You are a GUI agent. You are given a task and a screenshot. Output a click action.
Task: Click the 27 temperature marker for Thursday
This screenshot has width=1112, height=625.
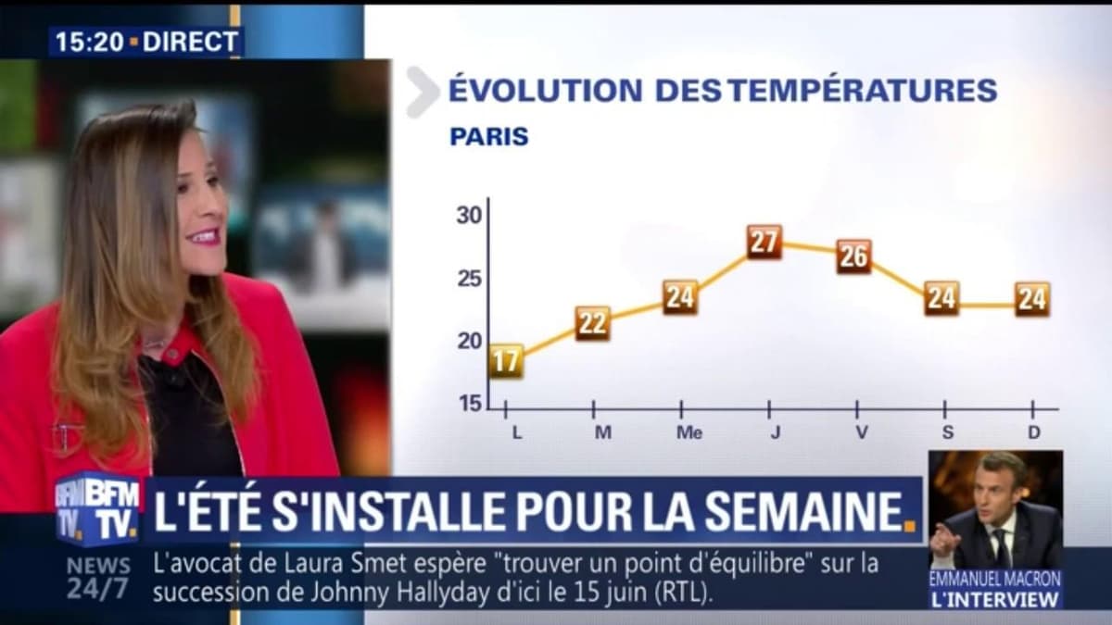click(764, 243)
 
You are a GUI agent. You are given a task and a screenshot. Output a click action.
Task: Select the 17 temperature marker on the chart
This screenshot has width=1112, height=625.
click(506, 361)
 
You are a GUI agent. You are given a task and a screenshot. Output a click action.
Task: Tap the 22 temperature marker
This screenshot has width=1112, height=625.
click(593, 323)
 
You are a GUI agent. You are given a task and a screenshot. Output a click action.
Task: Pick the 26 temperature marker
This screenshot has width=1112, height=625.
click(853, 256)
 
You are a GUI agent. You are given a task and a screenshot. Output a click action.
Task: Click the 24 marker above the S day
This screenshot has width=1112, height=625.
click(941, 298)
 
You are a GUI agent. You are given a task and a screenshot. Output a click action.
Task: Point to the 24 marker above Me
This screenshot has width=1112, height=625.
click(680, 297)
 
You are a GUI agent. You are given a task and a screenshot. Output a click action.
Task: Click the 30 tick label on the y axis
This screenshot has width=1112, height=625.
click(470, 216)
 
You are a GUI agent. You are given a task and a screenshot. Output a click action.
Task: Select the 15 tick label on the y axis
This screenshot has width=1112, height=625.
click(470, 404)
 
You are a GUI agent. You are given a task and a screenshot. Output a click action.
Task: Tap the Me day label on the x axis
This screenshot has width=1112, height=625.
click(689, 432)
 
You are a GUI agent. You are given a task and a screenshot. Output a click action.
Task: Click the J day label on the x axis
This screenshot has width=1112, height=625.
click(775, 432)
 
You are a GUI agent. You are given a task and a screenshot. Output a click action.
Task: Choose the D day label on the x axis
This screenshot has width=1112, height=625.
click(1033, 432)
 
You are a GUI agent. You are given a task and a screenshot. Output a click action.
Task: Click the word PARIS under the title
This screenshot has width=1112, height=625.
click(489, 137)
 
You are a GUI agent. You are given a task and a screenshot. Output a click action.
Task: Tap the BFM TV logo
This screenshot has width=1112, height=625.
click(96, 508)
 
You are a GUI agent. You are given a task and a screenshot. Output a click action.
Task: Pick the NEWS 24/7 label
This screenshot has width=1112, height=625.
click(97, 577)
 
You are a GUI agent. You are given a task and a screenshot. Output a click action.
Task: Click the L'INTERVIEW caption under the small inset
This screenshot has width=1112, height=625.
click(995, 599)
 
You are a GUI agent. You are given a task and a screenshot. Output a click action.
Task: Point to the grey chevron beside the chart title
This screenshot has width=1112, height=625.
click(423, 93)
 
